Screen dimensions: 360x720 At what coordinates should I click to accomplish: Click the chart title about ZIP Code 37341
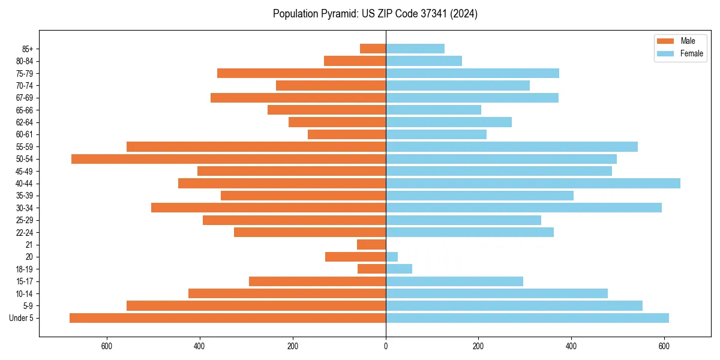375,14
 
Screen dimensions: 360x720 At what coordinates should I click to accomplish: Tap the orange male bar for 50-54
229,159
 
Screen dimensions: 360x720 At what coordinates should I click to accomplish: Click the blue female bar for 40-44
533,184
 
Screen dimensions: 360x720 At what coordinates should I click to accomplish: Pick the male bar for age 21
371,245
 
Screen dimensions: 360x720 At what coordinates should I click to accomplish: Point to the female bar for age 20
392,257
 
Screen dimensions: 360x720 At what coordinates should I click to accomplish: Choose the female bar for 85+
415,49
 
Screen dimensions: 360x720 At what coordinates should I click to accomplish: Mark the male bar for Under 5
227,318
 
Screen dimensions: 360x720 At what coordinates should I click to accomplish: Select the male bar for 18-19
371,269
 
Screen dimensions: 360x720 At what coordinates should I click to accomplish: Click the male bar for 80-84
355,61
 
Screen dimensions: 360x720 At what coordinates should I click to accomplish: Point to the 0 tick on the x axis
386,346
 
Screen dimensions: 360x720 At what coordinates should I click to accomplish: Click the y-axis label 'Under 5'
21,318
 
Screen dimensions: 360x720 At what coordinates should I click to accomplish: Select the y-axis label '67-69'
25,98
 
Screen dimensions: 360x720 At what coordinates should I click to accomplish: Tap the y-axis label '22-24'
25,232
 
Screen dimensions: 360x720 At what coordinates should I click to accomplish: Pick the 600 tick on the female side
664,346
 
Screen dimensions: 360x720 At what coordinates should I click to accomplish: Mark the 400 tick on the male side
200,346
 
